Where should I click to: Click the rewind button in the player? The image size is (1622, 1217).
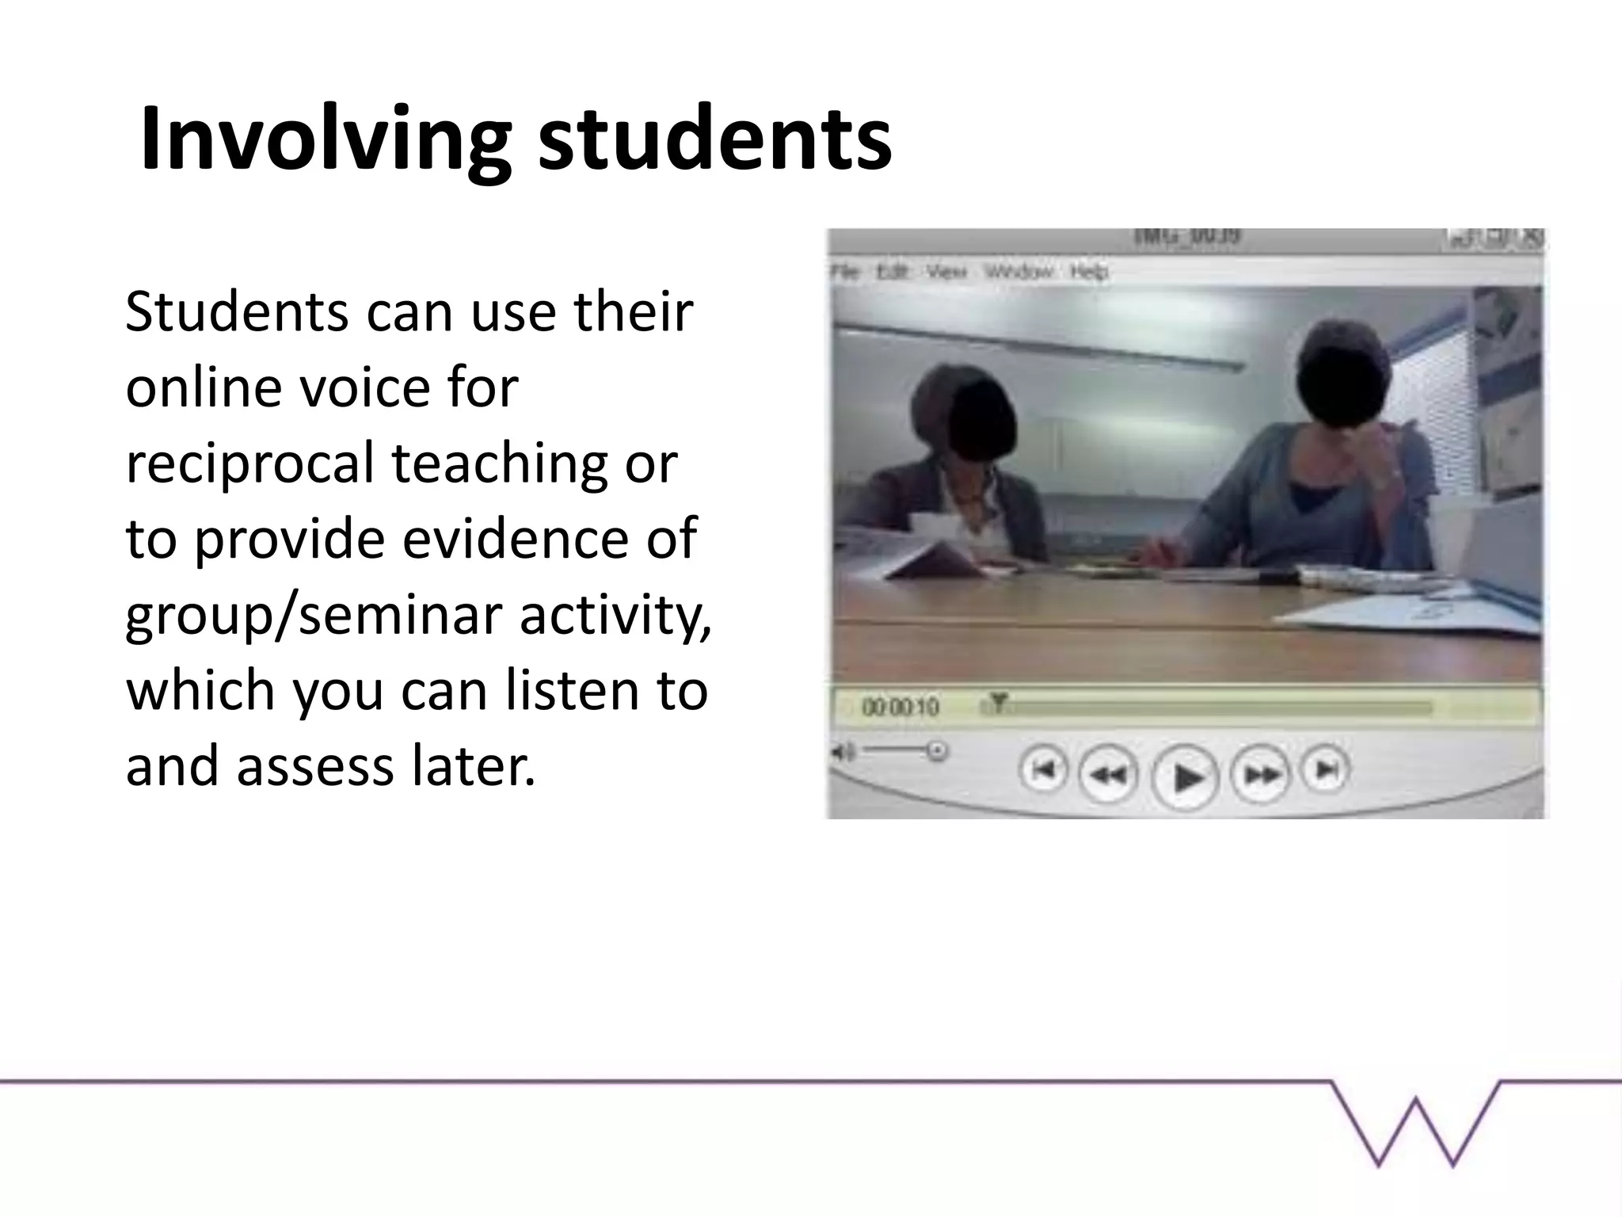[1109, 774]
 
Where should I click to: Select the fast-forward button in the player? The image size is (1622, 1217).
[1261, 774]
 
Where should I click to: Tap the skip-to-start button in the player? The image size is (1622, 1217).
[1044, 769]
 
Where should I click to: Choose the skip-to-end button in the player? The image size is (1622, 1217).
[1327, 769]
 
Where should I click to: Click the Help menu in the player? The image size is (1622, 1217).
[1089, 272]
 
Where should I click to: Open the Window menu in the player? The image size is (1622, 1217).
[1019, 272]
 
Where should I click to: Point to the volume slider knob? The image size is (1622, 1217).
[937, 750]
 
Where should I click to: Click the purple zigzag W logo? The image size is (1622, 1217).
[1416, 1125]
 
